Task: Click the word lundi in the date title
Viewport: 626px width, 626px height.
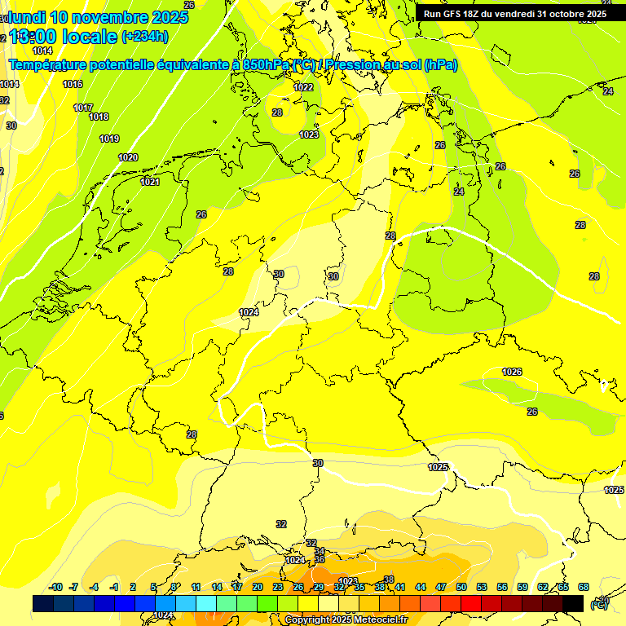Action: pos(24,17)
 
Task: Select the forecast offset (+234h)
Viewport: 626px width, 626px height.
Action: pos(144,37)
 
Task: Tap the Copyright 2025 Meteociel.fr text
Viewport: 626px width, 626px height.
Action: pos(346,620)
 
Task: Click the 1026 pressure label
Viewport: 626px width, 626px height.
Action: pos(512,372)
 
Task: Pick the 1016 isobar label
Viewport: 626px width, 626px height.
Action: pos(73,84)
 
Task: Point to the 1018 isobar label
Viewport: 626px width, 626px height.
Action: pos(99,117)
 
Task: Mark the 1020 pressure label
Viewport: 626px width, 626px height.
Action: pos(128,157)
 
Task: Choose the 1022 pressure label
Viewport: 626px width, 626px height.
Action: pos(303,87)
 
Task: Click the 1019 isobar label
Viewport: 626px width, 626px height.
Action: pos(109,139)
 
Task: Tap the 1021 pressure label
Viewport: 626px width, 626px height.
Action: pos(149,182)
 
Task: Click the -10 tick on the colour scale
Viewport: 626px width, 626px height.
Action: pos(56,588)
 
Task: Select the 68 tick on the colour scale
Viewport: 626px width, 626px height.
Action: pos(584,588)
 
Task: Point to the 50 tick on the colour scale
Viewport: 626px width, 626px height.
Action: pos(461,588)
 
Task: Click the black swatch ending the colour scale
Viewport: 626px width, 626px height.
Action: pos(573,603)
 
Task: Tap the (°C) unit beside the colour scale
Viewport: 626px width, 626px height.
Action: pos(599,604)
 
